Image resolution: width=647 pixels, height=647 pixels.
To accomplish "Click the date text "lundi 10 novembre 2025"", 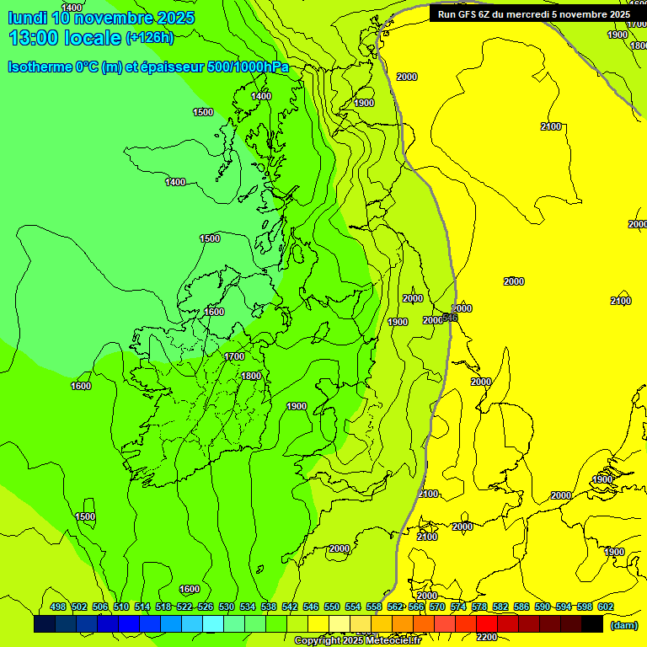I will [101, 18].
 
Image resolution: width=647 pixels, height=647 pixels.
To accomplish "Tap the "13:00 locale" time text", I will [65, 38].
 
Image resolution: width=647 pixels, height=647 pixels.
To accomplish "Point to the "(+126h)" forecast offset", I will [150, 38].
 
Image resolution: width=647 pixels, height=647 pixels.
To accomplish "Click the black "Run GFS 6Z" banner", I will [533, 14].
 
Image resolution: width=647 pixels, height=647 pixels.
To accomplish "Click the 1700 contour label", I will [234, 356].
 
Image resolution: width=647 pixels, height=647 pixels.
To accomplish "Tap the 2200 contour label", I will [487, 637].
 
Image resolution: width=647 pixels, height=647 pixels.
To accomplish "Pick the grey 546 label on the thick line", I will [450, 317].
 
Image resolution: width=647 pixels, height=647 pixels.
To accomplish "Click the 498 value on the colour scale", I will [58, 607].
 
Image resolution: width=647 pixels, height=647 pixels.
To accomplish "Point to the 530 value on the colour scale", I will [227, 607].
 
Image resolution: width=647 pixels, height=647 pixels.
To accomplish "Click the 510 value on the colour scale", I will [121, 607].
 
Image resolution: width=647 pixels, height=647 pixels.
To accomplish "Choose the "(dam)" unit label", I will [623, 625].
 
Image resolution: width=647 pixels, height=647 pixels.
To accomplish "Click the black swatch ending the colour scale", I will [592, 624].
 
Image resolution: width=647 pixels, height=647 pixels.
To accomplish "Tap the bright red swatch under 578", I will [487, 624].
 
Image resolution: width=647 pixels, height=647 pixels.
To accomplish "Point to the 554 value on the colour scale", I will [353, 607].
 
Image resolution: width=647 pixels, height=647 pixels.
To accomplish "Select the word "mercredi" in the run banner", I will [534, 14].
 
